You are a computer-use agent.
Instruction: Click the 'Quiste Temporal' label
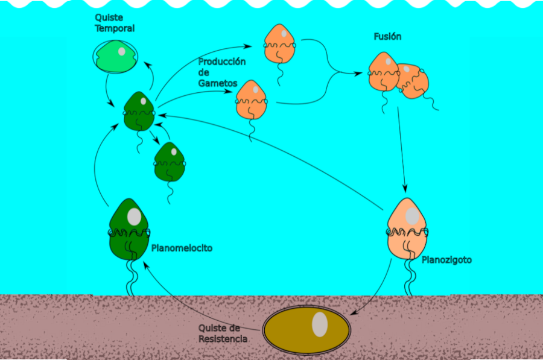(x=115, y=23)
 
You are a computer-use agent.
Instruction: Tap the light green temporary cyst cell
(x=115, y=57)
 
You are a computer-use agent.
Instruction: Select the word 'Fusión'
(x=387, y=36)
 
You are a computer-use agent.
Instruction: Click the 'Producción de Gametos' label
(x=222, y=72)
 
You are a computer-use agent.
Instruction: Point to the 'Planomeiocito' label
(x=182, y=248)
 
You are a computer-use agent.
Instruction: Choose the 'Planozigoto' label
(x=446, y=260)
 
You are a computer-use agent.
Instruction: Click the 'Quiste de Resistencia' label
(x=223, y=333)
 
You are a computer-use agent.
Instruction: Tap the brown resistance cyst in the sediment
(x=306, y=329)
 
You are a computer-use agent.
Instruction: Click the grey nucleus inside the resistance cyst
(x=320, y=324)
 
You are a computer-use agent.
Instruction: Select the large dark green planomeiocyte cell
(x=129, y=230)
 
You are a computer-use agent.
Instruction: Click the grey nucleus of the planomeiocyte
(x=134, y=216)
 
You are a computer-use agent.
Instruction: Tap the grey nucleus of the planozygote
(x=412, y=216)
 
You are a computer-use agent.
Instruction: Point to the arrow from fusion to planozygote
(x=401, y=150)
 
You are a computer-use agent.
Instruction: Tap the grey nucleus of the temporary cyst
(x=121, y=52)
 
